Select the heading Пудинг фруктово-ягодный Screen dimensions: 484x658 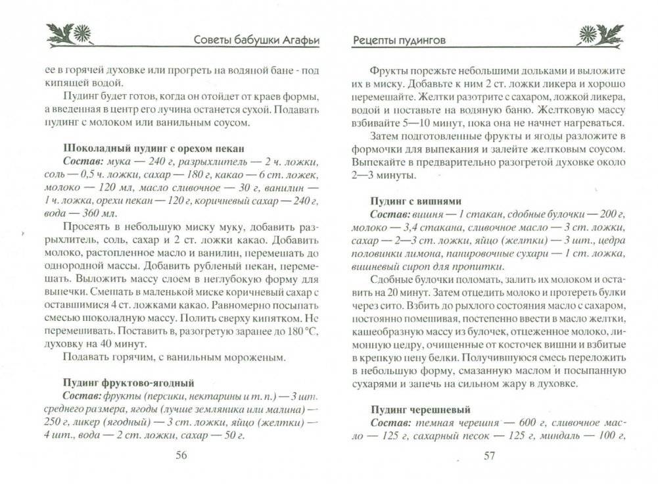[x=128, y=382]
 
